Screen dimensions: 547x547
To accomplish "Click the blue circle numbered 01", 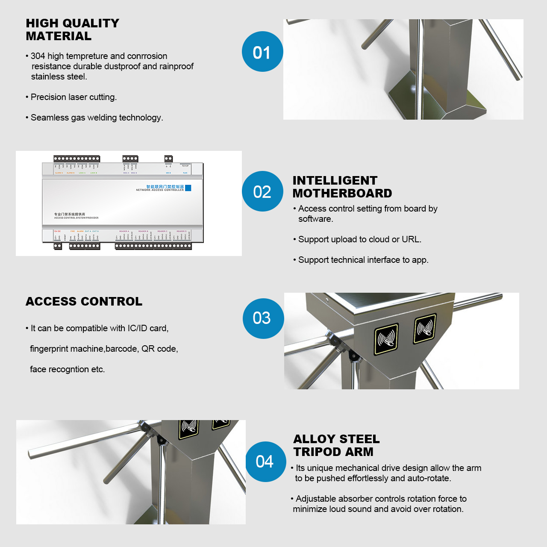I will click(x=262, y=52).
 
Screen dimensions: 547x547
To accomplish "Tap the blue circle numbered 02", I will click(x=262, y=191).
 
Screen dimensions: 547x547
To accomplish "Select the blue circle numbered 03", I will click(x=263, y=318).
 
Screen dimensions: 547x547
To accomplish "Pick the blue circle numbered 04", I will click(x=265, y=462).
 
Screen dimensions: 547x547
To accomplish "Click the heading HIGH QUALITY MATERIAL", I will click(x=72, y=29).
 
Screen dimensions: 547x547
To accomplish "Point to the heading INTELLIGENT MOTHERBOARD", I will click(x=342, y=187).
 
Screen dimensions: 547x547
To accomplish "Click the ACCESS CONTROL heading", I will click(x=84, y=301).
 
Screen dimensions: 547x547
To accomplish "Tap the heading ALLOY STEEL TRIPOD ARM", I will click(x=336, y=445).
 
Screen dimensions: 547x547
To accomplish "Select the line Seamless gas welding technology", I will click(x=97, y=118).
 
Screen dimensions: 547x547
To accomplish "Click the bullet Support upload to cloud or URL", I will click(x=359, y=239).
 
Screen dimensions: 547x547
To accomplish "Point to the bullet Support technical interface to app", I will click(x=363, y=260).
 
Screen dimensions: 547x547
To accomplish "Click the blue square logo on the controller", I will click(x=188, y=188).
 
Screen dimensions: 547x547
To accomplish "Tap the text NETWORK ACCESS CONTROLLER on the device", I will click(x=159, y=190).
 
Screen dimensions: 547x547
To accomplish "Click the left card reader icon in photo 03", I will click(x=386, y=339).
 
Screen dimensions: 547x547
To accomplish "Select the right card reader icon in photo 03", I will click(x=425, y=329).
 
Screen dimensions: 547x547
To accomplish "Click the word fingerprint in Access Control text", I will click(x=50, y=349).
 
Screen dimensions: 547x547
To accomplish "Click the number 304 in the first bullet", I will click(x=38, y=56).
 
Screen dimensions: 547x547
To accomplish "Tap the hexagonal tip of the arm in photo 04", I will click(x=32, y=454).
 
